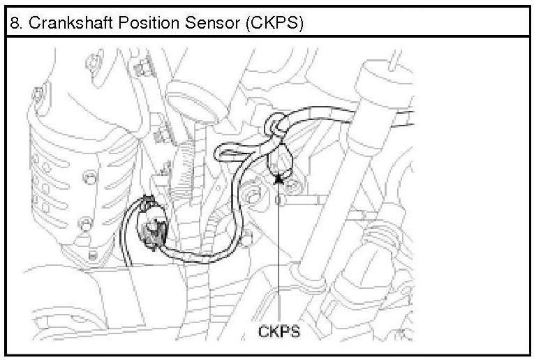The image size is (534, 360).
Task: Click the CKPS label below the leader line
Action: [279, 331]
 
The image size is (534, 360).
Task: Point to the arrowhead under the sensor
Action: [279, 179]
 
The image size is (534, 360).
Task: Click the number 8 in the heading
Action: [15, 22]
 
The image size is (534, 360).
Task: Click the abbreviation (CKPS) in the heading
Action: [275, 22]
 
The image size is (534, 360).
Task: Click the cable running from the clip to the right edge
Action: [349, 116]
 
